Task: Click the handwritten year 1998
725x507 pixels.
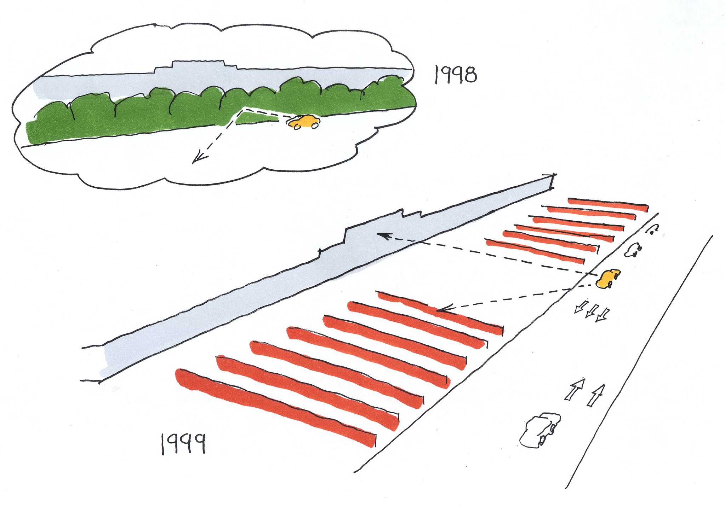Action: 456,75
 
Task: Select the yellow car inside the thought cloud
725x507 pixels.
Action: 304,122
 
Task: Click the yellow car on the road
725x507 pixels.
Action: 608,278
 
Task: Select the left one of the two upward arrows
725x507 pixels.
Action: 575,389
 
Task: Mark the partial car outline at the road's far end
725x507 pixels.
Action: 653,230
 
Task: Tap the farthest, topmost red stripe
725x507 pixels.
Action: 607,204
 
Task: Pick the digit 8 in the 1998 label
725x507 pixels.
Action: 470,75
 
